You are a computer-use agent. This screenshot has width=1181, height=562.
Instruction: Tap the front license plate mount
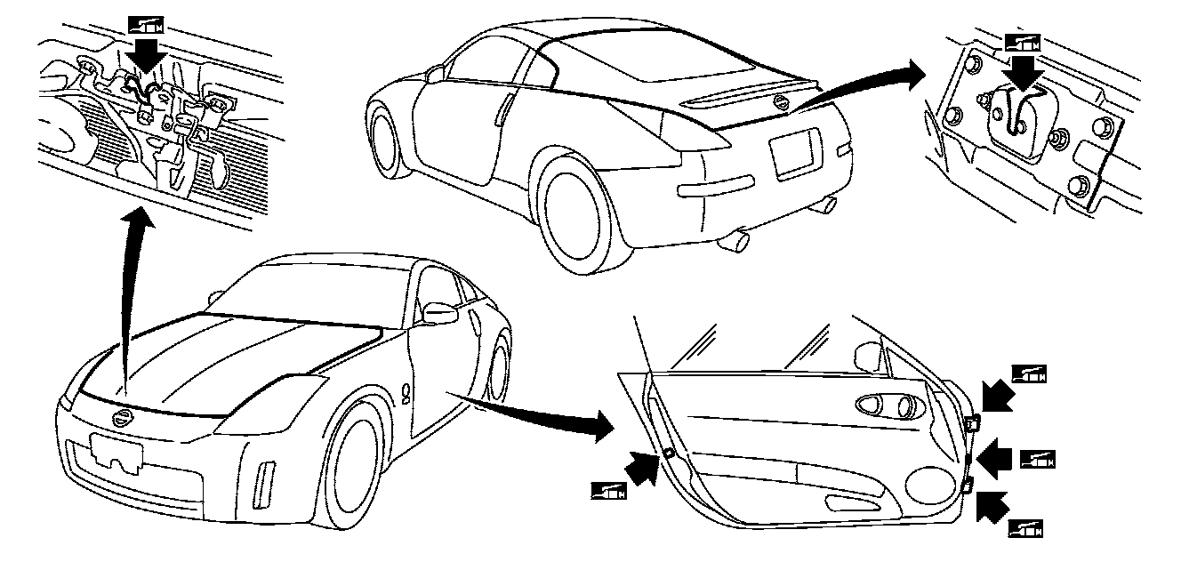pyautogui.click(x=116, y=454)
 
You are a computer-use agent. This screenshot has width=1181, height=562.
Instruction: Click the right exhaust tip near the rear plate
pyautogui.click(x=828, y=205)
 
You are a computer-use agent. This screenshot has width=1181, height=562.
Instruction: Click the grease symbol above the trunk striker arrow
pyautogui.click(x=1021, y=41)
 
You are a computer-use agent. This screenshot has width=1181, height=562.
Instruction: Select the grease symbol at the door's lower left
pyautogui.click(x=609, y=489)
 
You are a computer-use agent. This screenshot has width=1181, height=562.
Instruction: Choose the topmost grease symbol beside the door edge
pyautogui.click(x=1030, y=373)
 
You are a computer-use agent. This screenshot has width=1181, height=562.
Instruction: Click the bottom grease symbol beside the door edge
pyautogui.click(x=1025, y=528)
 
